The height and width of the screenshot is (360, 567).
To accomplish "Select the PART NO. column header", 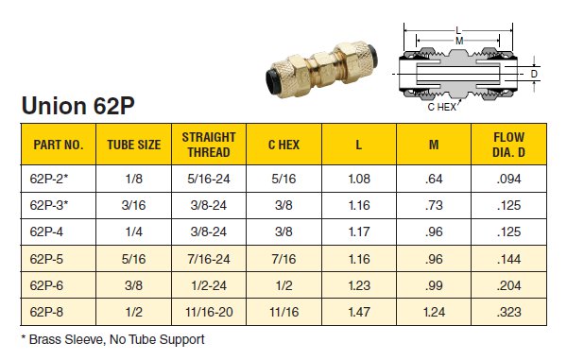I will point(59,146).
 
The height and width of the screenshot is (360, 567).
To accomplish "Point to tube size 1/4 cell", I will point(133,230).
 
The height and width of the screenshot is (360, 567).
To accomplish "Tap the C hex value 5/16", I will point(283,178).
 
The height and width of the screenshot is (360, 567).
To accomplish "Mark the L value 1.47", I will point(359,309).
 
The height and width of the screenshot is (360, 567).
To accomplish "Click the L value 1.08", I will point(359,178).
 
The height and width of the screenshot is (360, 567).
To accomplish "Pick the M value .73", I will point(434,204).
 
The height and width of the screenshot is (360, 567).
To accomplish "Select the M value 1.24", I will point(434,309).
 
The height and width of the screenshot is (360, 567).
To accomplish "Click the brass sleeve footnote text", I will point(112,338).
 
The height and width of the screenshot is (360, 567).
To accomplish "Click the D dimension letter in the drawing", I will point(534,72).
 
